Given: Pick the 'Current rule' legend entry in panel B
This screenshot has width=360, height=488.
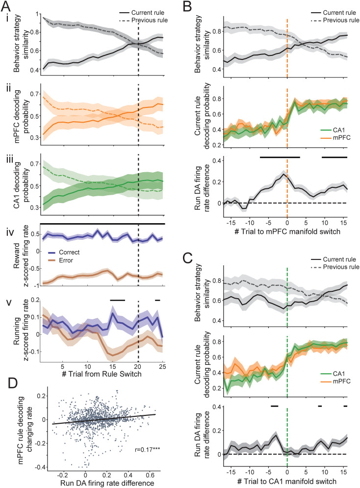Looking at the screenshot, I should [x=330, y=11].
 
